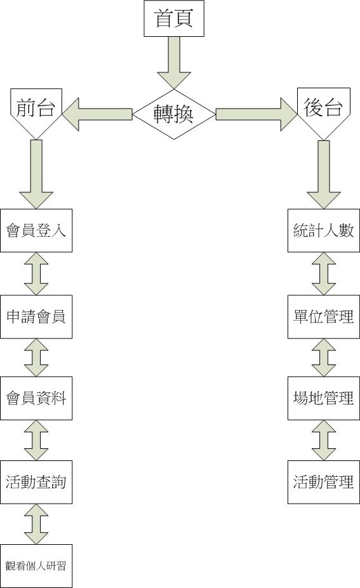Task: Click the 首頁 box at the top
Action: [174, 18]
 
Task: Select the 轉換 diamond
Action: [174, 114]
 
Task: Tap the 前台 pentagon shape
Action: [36, 112]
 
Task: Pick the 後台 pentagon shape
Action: [324, 112]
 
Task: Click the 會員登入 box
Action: [36, 231]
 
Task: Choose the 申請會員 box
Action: [36, 317]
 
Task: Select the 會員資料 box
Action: [36, 398]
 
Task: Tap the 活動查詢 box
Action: [36, 482]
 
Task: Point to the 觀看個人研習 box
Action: [36, 566]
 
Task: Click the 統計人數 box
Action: [324, 231]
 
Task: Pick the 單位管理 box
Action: [324, 317]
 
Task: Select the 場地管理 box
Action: [324, 398]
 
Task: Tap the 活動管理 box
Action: [324, 482]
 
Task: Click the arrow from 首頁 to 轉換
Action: [174, 63]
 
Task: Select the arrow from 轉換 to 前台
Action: [97, 114]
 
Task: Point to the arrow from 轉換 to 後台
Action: [257, 114]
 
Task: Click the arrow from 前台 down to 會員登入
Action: [36, 174]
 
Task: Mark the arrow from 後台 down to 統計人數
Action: [324, 175]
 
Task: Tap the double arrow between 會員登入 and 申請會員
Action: [36, 274]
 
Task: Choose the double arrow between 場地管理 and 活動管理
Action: [324, 440]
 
